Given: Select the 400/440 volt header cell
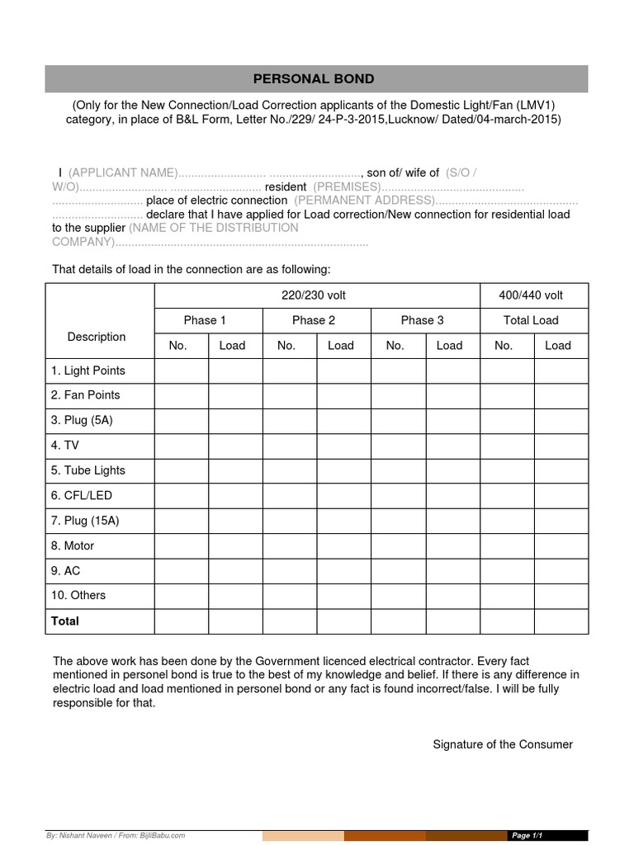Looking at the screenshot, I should pyautogui.click(x=531, y=295).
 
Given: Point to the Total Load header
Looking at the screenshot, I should pyautogui.click(x=531, y=320).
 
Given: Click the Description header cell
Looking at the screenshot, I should pyautogui.click(x=97, y=337).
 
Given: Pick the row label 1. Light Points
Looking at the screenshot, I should pyautogui.click(x=88, y=371).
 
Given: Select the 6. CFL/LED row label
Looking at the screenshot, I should pyautogui.click(x=82, y=496).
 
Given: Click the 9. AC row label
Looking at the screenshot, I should pyautogui.click(x=66, y=570).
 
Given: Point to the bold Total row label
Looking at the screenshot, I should pyautogui.click(x=65, y=621).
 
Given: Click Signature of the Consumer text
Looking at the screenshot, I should pyautogui.click(x=503, y=744).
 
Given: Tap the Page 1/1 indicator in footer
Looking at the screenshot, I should pyautogui.click(x=528, y=836).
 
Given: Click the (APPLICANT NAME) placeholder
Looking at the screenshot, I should pyautogui.click(x=123, y=172).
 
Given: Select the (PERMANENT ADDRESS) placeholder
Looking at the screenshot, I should pyautogui.click(x=363, y=201).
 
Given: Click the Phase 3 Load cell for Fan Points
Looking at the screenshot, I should pyautogui.click(x=449, y=395).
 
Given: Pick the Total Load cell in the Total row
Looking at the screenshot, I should pyautogui.click(x=558, y=621).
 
